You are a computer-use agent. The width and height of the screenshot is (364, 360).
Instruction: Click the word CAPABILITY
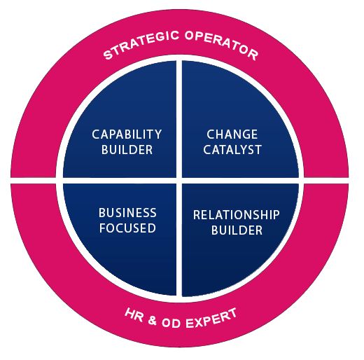[127, 134]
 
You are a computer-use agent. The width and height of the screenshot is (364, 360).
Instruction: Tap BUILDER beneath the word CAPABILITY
[127, 149]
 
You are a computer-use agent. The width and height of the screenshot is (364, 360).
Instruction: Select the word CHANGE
[232, 134]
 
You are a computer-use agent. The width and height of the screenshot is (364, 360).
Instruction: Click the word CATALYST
[232, 149]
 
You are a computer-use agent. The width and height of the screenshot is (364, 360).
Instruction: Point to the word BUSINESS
[127, 213]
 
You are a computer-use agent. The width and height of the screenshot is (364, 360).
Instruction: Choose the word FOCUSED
[127, 228]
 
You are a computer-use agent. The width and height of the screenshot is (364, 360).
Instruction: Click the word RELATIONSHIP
[236, 214]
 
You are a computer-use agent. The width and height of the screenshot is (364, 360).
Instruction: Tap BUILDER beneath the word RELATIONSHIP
[236, 230]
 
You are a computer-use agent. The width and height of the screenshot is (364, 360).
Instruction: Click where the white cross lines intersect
[179, 180]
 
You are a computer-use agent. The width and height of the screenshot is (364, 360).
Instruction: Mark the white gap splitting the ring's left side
[35, 181]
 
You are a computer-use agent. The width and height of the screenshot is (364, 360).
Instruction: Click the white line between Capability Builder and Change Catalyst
[179, 119]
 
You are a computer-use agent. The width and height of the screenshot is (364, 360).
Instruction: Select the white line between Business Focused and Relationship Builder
[179, 242]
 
